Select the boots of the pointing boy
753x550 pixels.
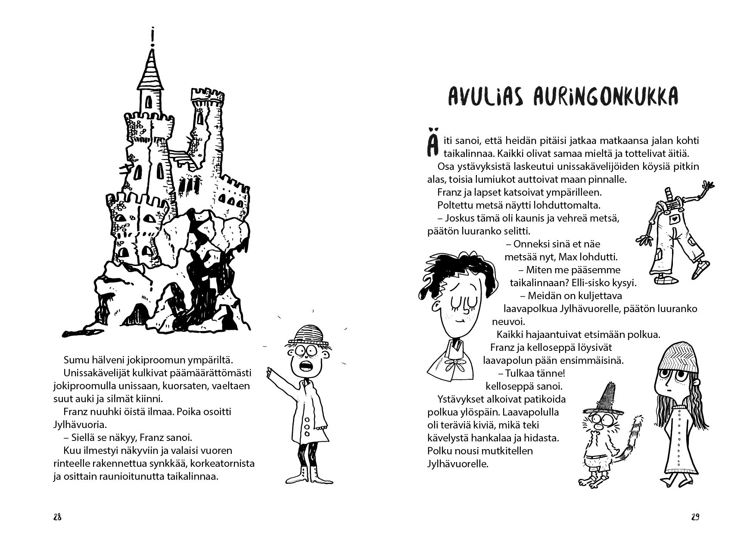point(307,474)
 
